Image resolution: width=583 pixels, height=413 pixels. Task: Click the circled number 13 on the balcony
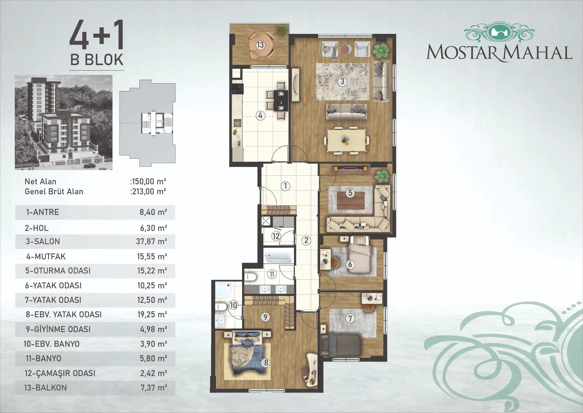click(x=260, y=45)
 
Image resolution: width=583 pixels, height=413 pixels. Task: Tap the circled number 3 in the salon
click(x=342, y=81)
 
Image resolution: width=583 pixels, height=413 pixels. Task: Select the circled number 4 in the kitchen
click(x=260, y=116)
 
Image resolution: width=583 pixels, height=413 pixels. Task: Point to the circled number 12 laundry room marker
click(x=276, y=236)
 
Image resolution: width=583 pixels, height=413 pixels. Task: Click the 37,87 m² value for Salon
click(x=151, y=241)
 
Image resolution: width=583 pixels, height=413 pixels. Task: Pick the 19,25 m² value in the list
click(x=152, y=315)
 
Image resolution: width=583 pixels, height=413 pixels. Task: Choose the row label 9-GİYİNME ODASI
click(x=58, y=329)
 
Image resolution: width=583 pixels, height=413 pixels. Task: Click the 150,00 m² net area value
click(x=149, y=182)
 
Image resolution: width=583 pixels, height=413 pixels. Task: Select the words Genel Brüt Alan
click(x=54, y=191)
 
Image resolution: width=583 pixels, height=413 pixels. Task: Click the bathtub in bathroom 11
click(x=278, y=256)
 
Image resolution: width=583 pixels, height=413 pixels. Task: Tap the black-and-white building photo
click(x=63, y=122)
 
